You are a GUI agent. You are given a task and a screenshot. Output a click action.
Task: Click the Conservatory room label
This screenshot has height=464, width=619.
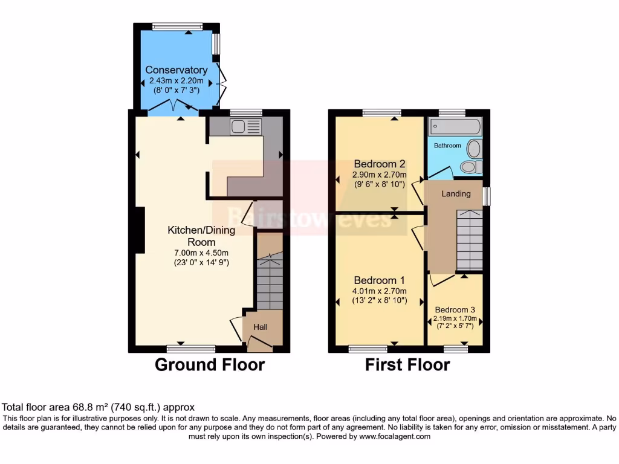176,70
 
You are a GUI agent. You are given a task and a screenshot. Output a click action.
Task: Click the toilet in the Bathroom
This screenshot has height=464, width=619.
470,166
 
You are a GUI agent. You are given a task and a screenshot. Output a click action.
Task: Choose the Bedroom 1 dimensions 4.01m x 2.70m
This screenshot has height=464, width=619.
380,291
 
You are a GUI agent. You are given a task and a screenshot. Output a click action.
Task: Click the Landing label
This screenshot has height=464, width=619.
456,194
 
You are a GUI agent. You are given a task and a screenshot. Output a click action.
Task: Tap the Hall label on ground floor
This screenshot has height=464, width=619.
261,327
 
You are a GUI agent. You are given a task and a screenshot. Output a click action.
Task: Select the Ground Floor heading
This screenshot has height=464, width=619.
210,365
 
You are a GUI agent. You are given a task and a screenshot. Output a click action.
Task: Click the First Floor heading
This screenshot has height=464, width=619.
407,365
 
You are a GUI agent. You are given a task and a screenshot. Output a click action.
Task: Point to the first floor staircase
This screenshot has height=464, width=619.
469,240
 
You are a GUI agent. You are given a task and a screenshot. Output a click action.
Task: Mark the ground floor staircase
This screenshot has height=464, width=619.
270,280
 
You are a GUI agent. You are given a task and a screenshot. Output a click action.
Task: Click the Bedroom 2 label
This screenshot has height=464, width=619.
379,164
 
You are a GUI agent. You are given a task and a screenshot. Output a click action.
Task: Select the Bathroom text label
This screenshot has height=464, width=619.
447,146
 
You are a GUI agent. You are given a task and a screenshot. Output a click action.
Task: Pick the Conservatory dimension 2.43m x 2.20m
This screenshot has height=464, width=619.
177,81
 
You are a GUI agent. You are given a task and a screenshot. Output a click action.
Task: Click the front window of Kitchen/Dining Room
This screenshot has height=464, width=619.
191,349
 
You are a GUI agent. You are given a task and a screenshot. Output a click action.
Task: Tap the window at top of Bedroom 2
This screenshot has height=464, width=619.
381,112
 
